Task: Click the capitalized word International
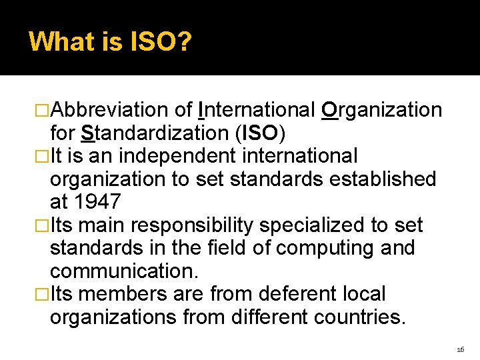[x=257, y=110]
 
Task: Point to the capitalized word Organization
[x=381, y=110]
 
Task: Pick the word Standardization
[x=155, y=133]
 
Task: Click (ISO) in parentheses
[x=261, y=133]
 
